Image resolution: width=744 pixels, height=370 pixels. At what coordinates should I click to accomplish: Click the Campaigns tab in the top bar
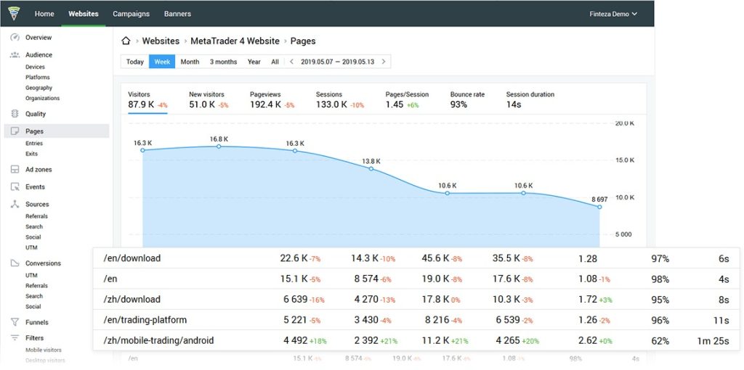coord(131,14)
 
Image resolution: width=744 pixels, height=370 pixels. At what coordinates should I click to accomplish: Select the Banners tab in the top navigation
coord(177,14)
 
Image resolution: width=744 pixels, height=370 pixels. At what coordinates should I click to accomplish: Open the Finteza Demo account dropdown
coord(613,14)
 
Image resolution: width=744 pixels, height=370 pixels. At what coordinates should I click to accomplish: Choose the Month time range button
coord(190,62)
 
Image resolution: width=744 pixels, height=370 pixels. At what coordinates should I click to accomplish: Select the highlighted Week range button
coord(162,62)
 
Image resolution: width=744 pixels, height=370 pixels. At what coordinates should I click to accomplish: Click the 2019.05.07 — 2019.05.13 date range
coord(337,62)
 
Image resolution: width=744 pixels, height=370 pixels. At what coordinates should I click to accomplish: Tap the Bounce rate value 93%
coord(458,104)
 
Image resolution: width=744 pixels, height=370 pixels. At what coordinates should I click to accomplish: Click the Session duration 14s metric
coord(514,104)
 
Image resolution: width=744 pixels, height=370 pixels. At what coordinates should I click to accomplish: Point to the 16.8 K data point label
coord(219,139)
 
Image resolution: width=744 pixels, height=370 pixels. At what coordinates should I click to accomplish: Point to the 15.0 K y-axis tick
coord(624,160)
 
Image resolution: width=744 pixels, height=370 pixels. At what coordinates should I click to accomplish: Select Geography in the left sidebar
coord(38,88)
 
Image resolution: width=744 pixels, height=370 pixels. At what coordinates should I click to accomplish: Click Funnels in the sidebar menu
coord(36,322)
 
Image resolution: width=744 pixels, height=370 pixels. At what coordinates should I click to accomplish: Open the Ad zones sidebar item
coord(39,170)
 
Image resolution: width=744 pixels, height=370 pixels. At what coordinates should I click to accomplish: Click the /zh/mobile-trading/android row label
coord(158,340)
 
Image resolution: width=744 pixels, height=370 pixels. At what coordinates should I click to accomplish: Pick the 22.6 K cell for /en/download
coord(294,258)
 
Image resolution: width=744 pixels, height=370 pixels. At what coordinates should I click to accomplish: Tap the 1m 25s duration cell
coord(713,340)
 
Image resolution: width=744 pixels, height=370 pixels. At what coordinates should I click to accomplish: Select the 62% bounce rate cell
coord(660,340)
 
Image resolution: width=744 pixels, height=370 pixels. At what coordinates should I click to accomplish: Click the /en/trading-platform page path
coord(145,319)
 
